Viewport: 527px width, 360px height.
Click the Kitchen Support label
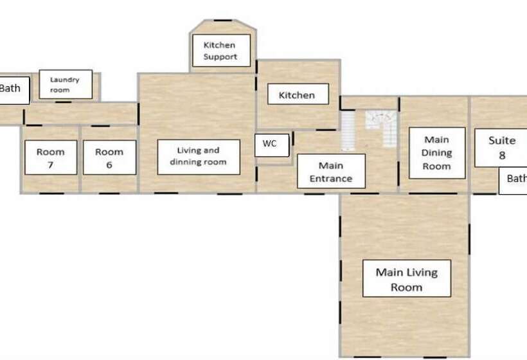point(222,50)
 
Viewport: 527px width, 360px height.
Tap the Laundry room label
point(66,84)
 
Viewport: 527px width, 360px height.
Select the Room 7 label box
point(51,157)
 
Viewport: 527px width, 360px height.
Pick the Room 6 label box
point(109,157)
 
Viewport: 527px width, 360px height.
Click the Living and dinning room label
point(199,157)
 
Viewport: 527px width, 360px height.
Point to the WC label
point(272,145)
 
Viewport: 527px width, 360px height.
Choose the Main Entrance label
point(332,171)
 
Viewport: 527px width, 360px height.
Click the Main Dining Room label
point(437,153)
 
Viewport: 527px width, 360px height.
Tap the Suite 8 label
point(501,148)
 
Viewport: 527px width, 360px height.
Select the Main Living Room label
point(407,278)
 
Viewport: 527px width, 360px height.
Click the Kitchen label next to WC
point(298,94)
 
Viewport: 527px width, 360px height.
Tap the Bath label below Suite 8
point(513,181)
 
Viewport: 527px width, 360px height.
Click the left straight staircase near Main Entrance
point(348,130)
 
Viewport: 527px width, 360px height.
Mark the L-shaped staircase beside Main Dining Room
point(382,129)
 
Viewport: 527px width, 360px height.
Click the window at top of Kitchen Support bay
point(223,21)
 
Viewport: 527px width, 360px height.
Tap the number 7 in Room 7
point(50,165)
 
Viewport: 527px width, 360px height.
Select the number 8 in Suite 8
point(502,156)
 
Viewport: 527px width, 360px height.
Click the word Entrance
point(331,179)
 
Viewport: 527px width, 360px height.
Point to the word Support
point(220,57)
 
